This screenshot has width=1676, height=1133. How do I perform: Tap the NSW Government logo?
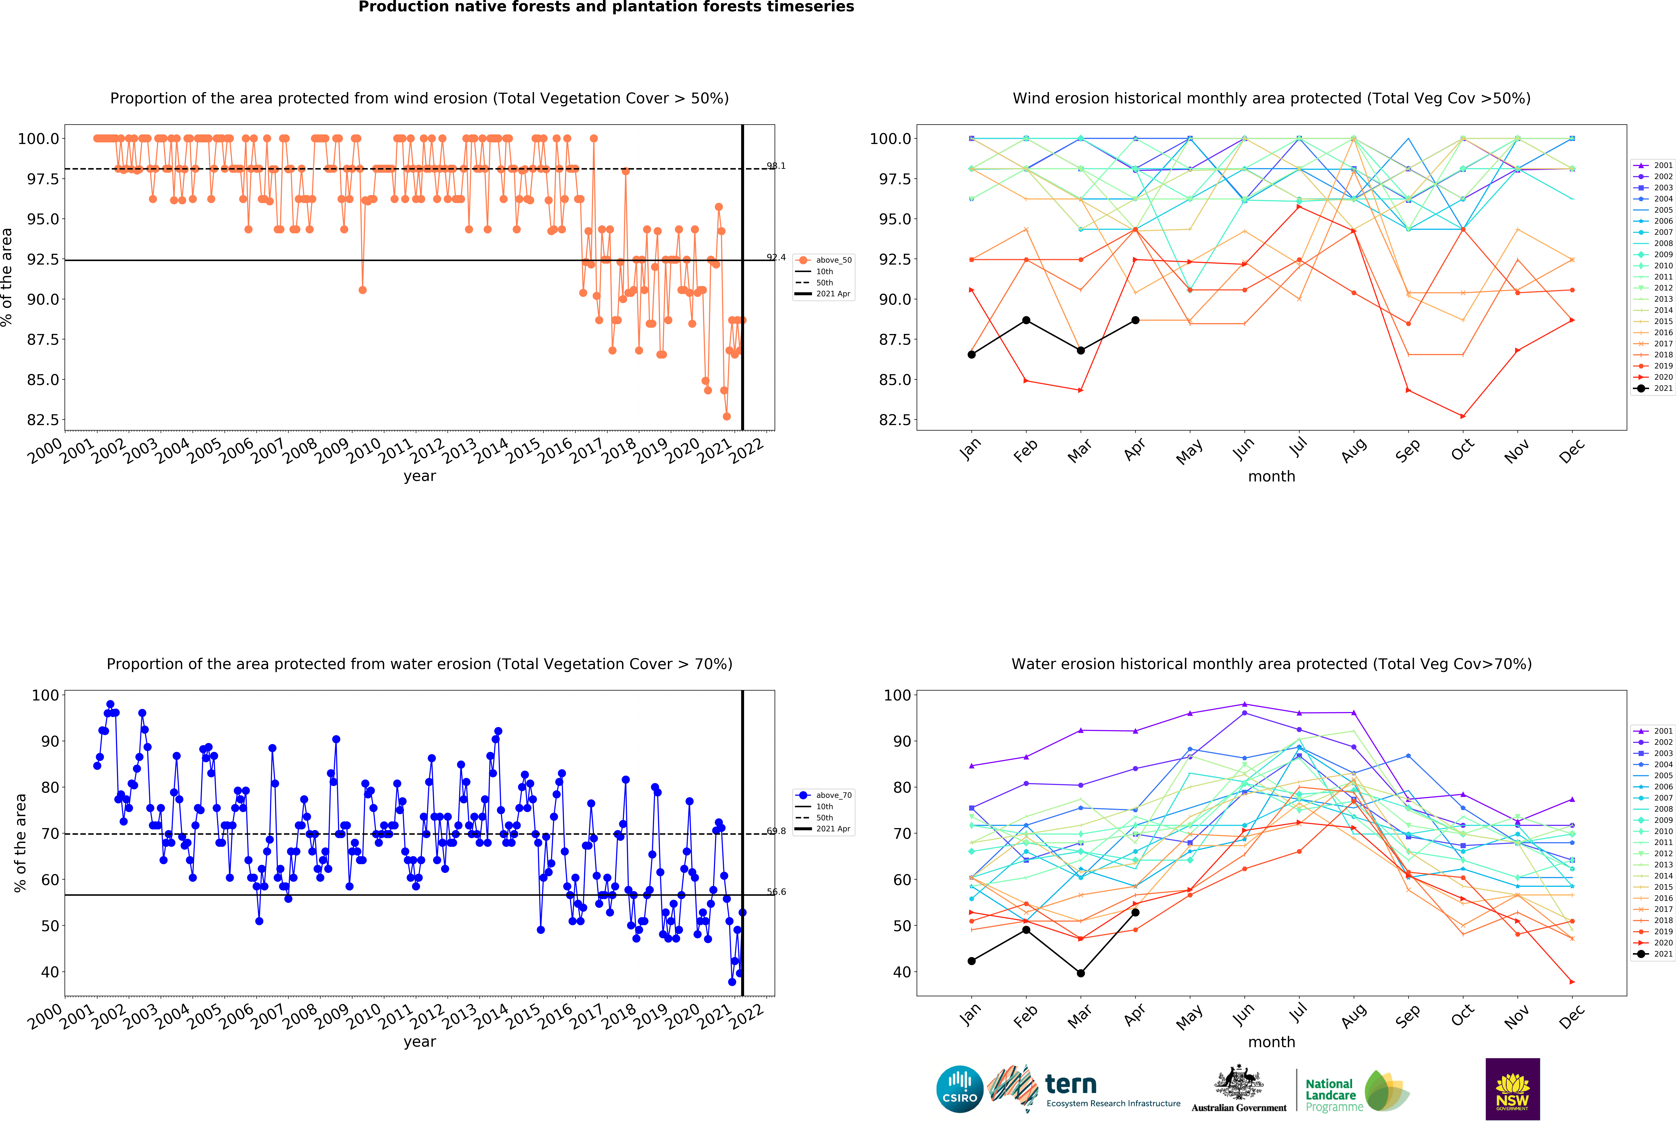click(1512, 1089)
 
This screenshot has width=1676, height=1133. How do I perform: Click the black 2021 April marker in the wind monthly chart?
click(1135, 320)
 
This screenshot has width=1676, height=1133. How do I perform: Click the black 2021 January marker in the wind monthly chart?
click(971, 354)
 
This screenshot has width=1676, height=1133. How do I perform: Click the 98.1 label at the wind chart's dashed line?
click(776, 166)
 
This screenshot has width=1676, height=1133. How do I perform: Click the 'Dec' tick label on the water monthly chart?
click(1571, 1015)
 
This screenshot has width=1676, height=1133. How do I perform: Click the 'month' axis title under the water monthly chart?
click(1271, 1042)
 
